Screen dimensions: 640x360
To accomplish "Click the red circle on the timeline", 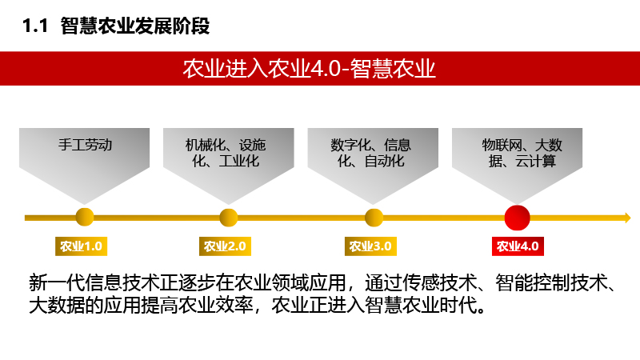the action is click(517, 218).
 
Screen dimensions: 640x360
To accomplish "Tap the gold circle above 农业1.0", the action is click(85, 217).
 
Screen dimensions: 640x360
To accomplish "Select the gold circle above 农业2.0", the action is click(229, 218).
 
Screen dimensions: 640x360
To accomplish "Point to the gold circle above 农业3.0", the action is click(374, 218).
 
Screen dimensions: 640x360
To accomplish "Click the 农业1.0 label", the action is click(82, 246).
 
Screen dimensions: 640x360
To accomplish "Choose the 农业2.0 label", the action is click(225, 246).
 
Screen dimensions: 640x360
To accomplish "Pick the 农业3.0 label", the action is click(370, 246).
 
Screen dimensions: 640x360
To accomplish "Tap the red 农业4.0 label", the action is click(518, 246).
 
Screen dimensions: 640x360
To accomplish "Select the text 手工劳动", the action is click(85, 145).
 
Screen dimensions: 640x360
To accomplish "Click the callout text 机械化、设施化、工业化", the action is click(226, 153).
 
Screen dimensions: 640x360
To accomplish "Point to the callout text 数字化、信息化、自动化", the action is click(371, 153).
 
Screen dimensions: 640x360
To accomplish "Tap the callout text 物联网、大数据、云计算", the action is click(522, 153).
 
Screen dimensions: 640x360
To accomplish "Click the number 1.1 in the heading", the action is click(35, 26).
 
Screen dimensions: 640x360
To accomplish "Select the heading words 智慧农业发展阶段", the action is click(135, 26).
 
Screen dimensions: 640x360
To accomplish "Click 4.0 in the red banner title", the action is click(326, 69).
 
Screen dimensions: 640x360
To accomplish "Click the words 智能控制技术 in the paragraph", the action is click(552, 282).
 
